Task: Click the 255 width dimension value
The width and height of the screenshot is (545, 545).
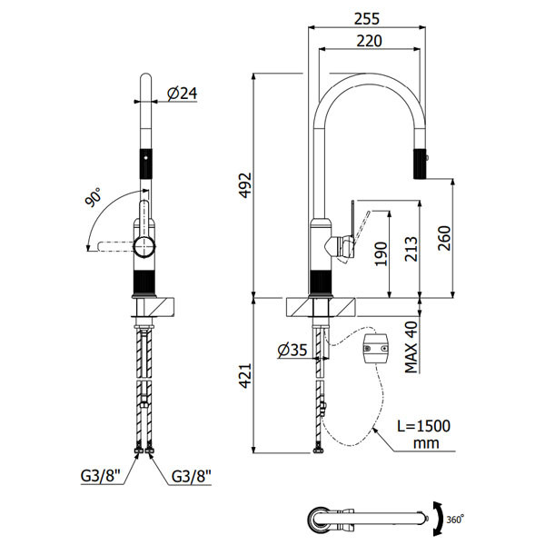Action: pyautogui.click(x=367, y=17)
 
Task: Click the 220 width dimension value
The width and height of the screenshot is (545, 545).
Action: pyautogui.click(x=368, y=40)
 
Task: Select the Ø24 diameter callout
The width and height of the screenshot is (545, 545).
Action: pyautogui.click(x=183, y=93)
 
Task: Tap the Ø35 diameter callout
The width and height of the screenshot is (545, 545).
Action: pyautogui.click(x=293, y=348)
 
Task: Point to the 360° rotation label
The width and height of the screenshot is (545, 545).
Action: pyautogui.click(x=456, y=519)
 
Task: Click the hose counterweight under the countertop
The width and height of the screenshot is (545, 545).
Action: pyautogui.click(x=376, y=350)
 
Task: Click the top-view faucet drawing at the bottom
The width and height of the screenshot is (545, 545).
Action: pyautogui.click(x=362, y=518)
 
